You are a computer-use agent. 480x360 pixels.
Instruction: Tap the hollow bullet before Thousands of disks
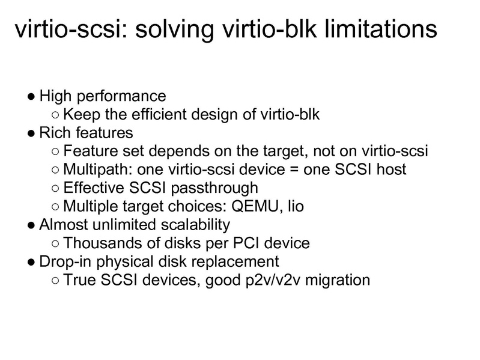pos(55,244)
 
